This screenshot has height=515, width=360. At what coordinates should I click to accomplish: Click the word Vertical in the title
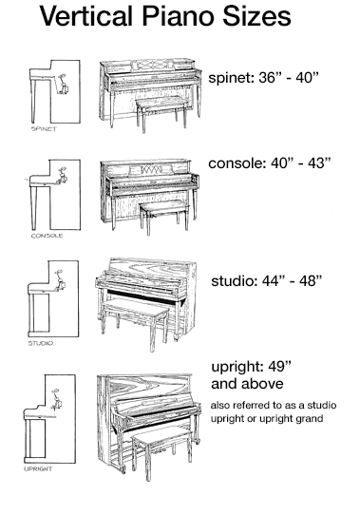pyautogui.click(x=86, y=16)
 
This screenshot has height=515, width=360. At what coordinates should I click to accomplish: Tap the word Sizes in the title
pyautogui.click(x=256, y=16)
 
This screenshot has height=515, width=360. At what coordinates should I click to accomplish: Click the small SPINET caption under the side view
pyautogui.click(x=44, y=129)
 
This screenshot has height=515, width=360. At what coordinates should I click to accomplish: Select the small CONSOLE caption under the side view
pyautogui.click(x=47, y=236)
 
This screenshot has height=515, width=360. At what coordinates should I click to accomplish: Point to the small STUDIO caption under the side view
pyautogui.click(x=41, y=343)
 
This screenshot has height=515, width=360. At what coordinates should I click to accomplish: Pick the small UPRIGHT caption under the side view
pyautogui.click(x=38, y=468)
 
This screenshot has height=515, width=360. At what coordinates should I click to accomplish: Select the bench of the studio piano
pyautogui.click(x=135, y=323)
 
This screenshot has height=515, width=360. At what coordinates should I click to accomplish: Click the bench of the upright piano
pyautogui.click(x=161, y=451)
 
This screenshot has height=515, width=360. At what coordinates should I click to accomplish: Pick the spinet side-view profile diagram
pyautogui.click(x=55, y=91)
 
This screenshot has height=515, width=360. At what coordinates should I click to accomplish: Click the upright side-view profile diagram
pyautogui.click(x=49, y=419)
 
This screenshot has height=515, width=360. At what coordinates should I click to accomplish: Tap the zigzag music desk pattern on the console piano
pyautogui.click(x=151, y=169)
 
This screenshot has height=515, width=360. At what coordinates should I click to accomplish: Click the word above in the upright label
pyautogui.click(x=263, y=384)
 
